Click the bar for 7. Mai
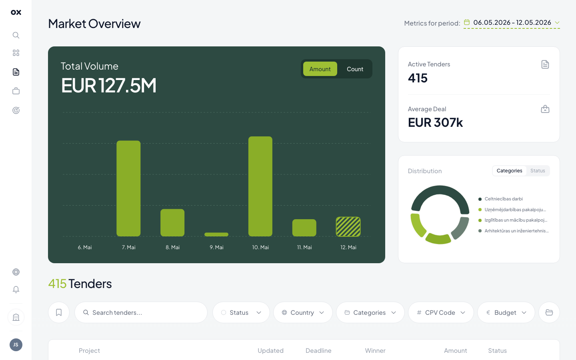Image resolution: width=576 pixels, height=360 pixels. click(128, 188)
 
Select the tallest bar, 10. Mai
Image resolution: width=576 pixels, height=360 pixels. click(260, 186)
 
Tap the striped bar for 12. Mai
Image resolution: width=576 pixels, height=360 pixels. click(348, 226)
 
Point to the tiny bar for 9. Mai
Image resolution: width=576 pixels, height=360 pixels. click(216, 234)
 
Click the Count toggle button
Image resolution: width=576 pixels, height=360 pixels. click(355, 69)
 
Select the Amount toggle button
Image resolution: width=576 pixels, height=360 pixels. click(320, 69)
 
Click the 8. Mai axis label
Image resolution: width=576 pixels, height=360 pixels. click(172, 247)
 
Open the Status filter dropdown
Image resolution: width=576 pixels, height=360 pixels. click(241, 312)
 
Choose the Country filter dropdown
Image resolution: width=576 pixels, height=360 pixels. click(303, 312)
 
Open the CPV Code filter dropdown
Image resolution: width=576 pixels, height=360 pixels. click(441, 312)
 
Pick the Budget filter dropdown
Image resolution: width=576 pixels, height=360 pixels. click(506, 312)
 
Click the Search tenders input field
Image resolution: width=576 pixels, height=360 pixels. click(141, 312)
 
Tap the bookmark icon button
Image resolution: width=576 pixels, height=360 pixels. click(59, 312)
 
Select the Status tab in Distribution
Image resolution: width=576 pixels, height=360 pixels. click(538, 171)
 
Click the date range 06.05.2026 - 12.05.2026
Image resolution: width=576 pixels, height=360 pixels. click(512, 23)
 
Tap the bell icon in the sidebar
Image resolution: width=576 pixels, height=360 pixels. click(16, 290)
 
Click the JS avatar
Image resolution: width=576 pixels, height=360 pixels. click(16, 344)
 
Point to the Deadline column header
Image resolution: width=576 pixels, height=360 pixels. click(318, 350)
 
